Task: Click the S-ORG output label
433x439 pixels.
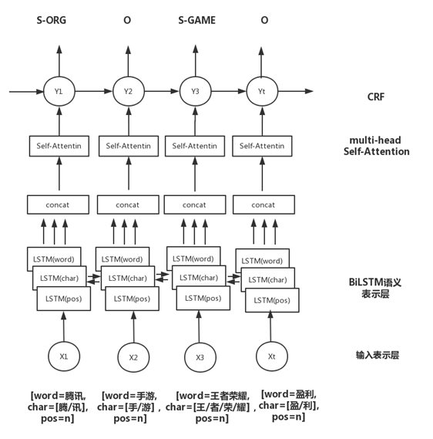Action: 52,20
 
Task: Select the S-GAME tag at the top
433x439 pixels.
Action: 196,20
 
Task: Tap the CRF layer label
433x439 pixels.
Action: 376,97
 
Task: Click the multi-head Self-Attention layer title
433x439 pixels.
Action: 376,146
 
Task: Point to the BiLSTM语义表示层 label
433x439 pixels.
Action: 375,288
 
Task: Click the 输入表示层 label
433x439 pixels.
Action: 377,355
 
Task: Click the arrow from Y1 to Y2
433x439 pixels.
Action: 94,91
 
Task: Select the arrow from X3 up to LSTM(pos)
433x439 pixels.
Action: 199,326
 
